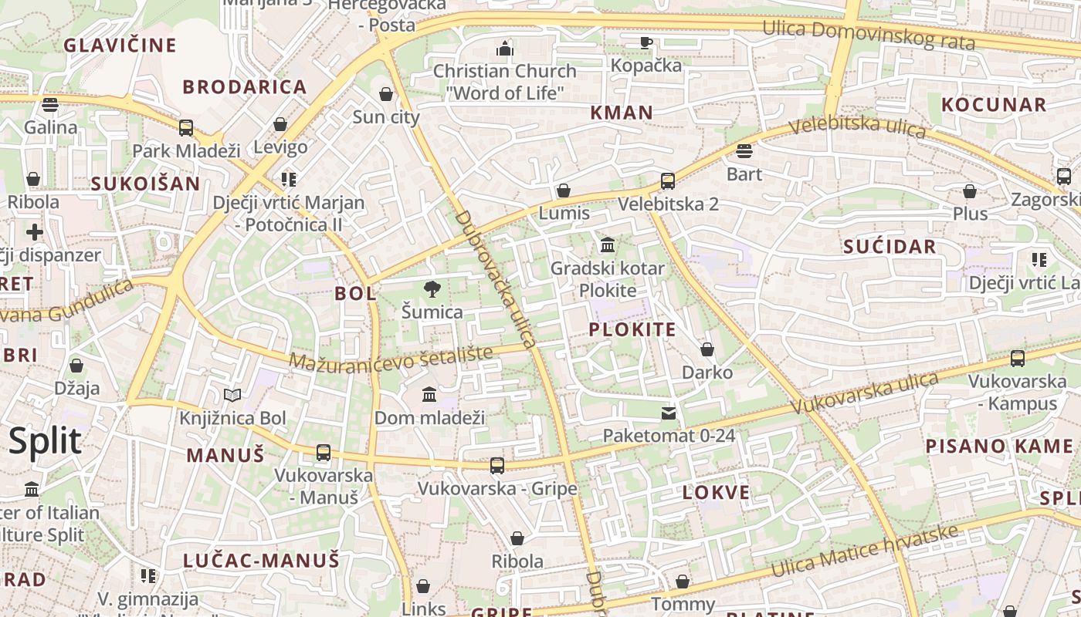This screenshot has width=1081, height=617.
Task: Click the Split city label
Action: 45,441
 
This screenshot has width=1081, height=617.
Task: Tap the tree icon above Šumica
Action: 432,289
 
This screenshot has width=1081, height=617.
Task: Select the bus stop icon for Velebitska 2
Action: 668,181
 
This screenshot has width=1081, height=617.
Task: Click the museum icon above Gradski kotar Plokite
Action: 608,245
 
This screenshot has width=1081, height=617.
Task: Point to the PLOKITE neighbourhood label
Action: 632,330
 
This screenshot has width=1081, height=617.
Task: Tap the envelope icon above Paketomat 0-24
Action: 669,413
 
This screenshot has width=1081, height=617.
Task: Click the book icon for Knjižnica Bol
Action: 232,396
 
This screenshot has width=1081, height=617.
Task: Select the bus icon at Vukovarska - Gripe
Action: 497,465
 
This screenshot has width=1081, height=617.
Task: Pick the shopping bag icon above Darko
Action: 707,349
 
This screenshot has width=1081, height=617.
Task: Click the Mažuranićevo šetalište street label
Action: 391,358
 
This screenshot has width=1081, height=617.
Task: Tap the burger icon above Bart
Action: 744,150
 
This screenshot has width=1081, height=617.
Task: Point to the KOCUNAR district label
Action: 994,105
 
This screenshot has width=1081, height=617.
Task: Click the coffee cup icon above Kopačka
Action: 646,42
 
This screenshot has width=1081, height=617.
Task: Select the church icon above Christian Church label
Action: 505,49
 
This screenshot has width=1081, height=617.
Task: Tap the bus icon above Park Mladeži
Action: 186,127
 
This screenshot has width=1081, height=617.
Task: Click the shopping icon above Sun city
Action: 386,94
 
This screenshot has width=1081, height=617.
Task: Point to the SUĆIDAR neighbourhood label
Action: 890,247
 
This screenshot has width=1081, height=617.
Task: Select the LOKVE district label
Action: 716,493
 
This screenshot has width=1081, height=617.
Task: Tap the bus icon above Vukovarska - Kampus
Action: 1018,359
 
